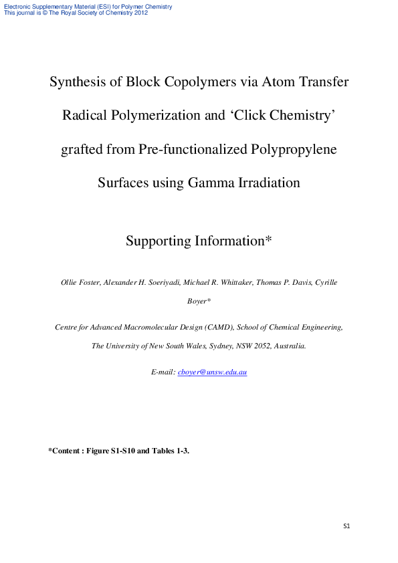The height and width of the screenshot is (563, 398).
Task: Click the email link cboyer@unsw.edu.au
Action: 212,372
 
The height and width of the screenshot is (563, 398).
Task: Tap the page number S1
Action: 346,526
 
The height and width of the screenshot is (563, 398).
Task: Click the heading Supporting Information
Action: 198,241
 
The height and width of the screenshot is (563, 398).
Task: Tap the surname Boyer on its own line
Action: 199,302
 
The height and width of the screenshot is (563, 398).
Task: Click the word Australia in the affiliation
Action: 289,346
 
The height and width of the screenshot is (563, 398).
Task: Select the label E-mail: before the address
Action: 163,372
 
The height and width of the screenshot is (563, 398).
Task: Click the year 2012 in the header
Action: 140,13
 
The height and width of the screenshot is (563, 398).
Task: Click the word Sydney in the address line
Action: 207,346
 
